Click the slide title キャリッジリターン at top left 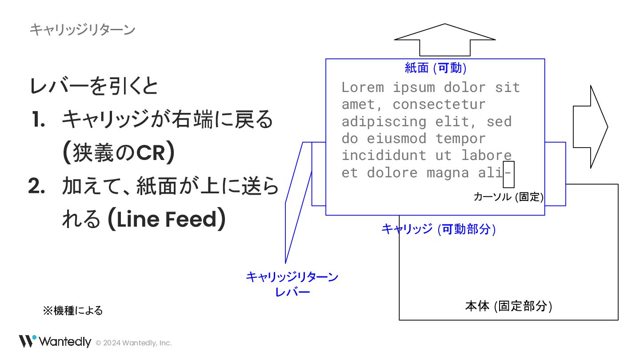tap(82, 30)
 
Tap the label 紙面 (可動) tap(435, 68)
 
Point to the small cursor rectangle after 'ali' tap(508, 175)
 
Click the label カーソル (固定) tap(508, 197)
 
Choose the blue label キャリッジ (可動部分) tap(438, 229)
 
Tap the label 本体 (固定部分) tap(508, 306)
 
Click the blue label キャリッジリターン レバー tap(292, 284)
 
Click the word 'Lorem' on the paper tap(363, 88)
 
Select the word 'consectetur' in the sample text tap(439, 104)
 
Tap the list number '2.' tap(37, 187)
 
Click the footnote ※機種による tap(73, 311)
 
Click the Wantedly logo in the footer tap(55, 341)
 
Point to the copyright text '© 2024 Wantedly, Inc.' tap(134, 343)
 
